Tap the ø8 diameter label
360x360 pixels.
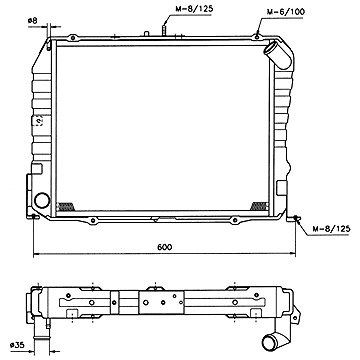point(34,20)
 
